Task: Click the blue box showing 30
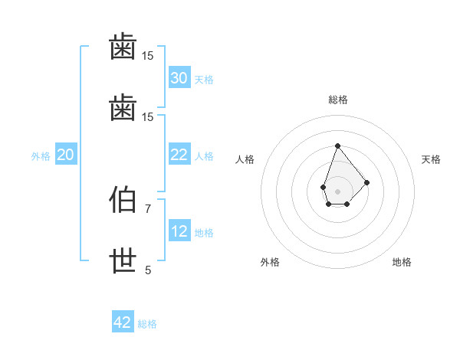tap(179, 78)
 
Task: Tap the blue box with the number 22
tap(179, 155)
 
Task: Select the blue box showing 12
tap(179, 231)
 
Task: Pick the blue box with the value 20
tap(66, 155)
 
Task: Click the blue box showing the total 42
tap(123, 322)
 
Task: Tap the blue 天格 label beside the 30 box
tap(203, 79)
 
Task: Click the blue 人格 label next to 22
tap(203, 155)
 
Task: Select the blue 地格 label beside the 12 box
tap(203, 232)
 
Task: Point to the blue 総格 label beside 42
tap(147, 323)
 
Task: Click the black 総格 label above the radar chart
tap(337, 100)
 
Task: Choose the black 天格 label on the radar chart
tap(431, 159)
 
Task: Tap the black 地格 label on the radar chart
tap(402, 262)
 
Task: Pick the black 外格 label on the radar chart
tap(270, 262)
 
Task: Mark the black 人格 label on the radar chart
tap(245, 159)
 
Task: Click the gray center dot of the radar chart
tap(337, 191)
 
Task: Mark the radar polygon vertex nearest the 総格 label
tap(337, 146)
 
